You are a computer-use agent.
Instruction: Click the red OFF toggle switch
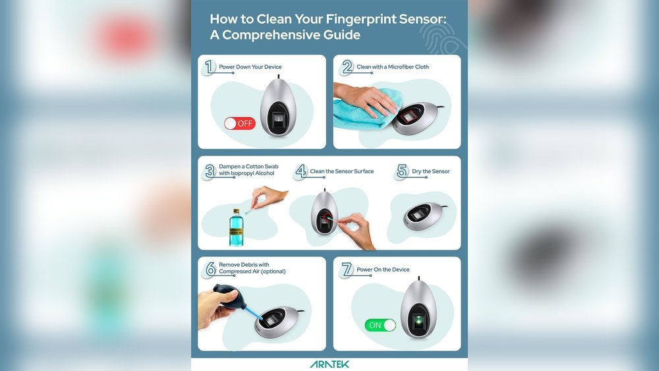[x=240, y=123]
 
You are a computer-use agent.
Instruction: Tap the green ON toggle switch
[x=380, y=326]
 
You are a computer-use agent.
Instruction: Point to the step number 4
[x=301, y=171]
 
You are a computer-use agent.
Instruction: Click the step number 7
[x=347, y=270]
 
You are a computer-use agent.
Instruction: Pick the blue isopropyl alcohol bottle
[x=236, y=227]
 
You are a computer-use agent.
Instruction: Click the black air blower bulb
[x=226, y=297]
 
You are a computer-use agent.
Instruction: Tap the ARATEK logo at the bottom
[x=329, y=364]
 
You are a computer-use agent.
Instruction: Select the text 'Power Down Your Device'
[x=250, y=67]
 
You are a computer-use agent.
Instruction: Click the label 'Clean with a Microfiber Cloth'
[x=393, y=67]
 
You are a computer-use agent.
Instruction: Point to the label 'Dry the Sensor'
[x=431, y=171]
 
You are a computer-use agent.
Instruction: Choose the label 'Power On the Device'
[x=383, y=270]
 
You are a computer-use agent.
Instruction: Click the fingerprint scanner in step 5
[x=423, y=216]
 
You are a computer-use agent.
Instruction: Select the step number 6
[x=210, y=268]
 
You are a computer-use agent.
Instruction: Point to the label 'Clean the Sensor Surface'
[x=341, y=171]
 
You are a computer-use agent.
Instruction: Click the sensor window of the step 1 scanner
[x=278, y=120]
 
